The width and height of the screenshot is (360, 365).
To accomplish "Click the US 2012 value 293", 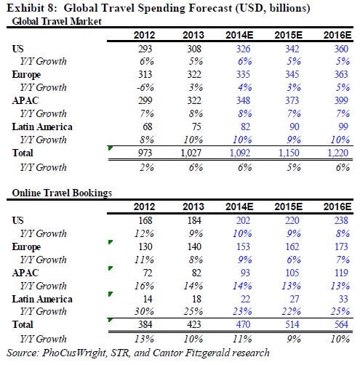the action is click(x=145, y=49).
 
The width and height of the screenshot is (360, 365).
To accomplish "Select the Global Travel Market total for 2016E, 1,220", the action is click(x=337, y=153).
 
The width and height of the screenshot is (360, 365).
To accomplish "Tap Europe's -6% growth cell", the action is click(x=145, y=87).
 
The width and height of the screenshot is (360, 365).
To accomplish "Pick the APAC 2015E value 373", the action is click(x=292, y=100).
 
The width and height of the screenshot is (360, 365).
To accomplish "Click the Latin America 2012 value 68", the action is click(x=148, y=127).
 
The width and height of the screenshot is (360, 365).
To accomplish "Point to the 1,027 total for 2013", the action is click(x=191, y=153).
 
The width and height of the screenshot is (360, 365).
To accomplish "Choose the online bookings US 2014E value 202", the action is click(x=243, y=220).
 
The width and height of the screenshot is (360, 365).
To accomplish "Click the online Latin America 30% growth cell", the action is click(x=144, y=311).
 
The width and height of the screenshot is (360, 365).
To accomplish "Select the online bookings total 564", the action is click(x=341, y=324).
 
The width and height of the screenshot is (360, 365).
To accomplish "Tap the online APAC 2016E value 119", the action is click(x=341, y=273).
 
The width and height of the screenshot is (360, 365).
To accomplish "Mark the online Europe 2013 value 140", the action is click(x=194, y=246).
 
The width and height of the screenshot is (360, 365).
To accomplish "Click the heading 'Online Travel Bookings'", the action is click(x=62, y=193).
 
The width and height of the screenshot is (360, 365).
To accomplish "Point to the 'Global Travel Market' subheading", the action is click(x=57, y=21).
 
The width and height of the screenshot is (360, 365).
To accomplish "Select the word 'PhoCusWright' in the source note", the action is click(x=74, y=353).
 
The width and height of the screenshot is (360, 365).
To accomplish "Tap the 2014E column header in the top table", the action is click(x=239, y=36).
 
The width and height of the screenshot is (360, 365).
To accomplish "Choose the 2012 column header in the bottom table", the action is click(x=144, y=207).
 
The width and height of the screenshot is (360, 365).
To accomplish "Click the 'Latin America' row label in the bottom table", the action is click(x=42, y=299).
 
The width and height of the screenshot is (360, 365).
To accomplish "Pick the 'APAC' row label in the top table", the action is click(x=25, y=100).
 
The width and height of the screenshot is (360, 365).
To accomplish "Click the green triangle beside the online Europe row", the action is click(x=111, y=242).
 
